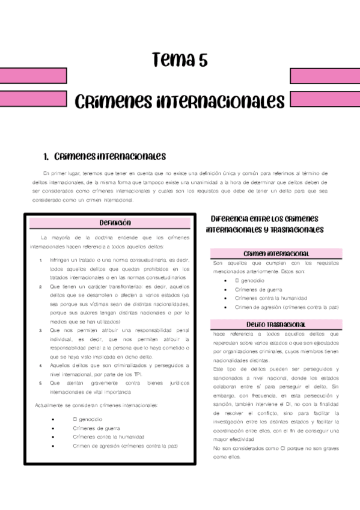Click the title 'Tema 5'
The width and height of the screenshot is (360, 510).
coord(180,60)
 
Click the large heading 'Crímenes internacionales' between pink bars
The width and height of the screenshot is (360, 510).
coord(180,100)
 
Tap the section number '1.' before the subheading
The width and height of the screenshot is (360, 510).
coord(46,157)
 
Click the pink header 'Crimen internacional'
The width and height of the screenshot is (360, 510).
coord(276,254)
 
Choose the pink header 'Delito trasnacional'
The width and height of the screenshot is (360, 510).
coord(276,325)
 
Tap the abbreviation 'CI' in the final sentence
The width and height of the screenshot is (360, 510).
coord(276,448)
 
